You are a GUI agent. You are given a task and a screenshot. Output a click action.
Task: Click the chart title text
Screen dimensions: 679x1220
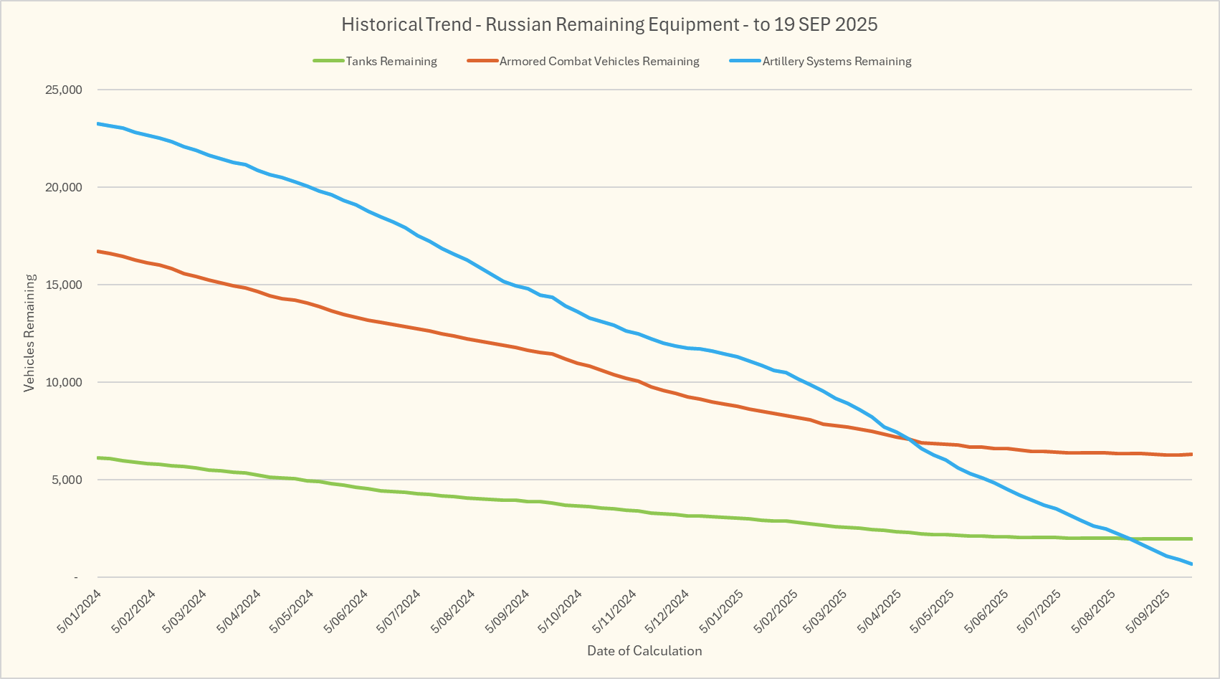tap(609, 24)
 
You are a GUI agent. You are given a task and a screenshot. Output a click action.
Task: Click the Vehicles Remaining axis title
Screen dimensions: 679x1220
tap(29, 333)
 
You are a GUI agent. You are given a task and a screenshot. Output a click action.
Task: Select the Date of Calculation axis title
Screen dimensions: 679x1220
tap(644, 651)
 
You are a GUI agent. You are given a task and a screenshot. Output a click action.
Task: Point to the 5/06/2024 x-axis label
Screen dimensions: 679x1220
tap(346, 612)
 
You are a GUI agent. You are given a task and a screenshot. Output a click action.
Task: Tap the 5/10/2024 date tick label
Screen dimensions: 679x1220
tap(561, 612)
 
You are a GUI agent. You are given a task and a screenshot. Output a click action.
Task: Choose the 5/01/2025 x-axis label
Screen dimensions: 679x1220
tap(723, 612)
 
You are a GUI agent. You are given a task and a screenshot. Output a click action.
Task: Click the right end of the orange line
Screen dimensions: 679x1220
tap(1191, 454)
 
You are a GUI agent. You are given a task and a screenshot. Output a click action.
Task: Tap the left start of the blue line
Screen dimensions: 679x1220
tap(97, 123)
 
